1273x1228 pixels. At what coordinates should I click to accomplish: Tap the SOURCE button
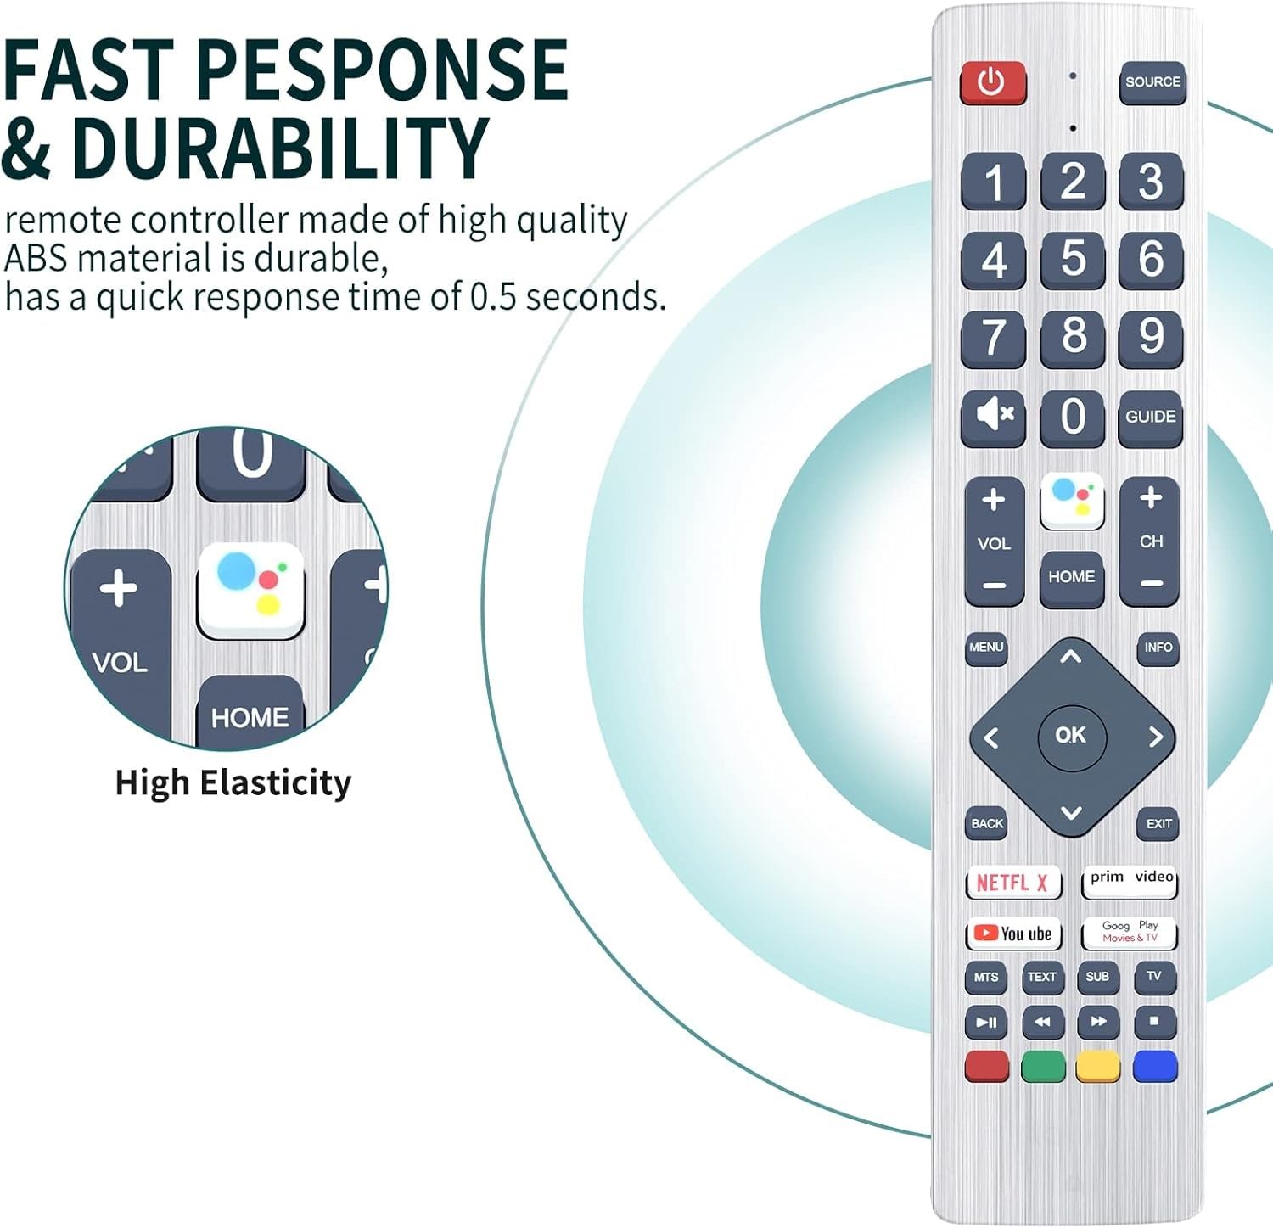click(x=1152, y=83)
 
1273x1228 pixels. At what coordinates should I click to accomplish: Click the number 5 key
click(x=1073, y=259)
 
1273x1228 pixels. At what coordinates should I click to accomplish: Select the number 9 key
click(x=1151, y=337)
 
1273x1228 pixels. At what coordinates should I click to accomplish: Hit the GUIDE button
click(x=1151, y=418)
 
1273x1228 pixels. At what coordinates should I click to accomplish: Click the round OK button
click(x=1071, y=736)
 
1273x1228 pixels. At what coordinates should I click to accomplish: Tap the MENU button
click(x=986, y=648)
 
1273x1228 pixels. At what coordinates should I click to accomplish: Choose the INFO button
click(x=1158, y=648)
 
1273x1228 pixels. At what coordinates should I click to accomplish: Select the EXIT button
click(x=1158, y=824)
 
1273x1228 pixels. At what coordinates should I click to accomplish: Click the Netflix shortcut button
click(x=1013, y=883)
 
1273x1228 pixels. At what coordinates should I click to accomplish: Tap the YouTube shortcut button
click(x=1013, y=934)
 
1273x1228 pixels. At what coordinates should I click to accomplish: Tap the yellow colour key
click(x=1098, y=1067)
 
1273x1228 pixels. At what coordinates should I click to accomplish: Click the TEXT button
click(x=1042, y=978)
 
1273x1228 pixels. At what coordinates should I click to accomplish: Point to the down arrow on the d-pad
click(x=1071, y=813)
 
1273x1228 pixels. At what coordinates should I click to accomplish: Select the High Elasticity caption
click(x=233, y=782)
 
